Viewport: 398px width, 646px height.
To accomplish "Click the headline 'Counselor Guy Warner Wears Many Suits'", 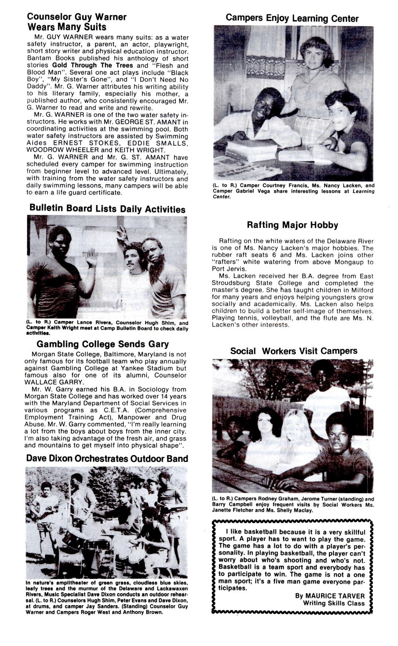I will click(76, 22).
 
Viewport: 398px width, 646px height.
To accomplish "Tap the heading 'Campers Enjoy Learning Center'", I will click(292, 18).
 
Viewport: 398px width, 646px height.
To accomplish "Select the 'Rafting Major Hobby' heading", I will click(292, 225).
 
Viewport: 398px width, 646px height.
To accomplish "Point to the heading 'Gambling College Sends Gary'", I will click(102, 344).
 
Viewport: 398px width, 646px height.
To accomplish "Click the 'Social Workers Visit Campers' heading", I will click(294, 351).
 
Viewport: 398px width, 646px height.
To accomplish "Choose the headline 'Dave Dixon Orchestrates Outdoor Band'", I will click(107, 459).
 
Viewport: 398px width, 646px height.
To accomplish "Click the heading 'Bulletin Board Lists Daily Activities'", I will click(107, 209).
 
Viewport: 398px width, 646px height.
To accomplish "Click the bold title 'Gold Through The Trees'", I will click(93, 65).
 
